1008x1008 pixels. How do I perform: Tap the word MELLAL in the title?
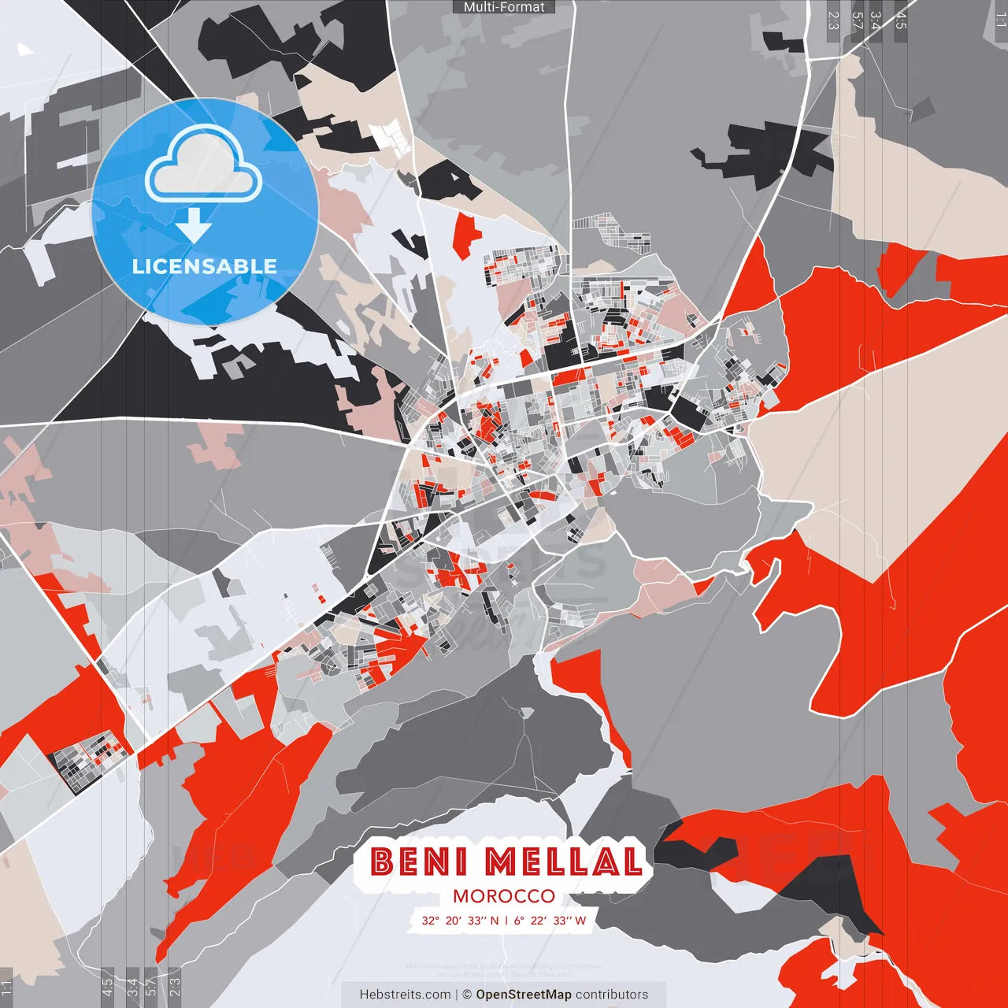click(x=563, y=862)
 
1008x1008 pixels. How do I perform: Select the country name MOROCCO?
click(x=504, y=896)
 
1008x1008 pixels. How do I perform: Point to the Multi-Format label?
click(x=504, y=7)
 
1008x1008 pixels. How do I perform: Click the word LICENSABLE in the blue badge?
click(x=205, y=266)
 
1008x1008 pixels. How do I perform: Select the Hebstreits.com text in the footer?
click(x=405, y=995)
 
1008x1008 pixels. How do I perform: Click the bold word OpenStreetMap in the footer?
click(x=524, y=995)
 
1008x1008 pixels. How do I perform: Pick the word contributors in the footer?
click(x=612, y=995)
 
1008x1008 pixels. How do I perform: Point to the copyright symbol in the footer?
click(x=467, y=995)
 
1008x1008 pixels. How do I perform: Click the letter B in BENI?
click(x=383, y=862)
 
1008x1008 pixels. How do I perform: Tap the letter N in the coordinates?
click(x=495, y=921)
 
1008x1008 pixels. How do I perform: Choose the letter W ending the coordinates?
click(x=581, y=921)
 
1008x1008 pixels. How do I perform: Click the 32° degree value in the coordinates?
click(x=430, y=921)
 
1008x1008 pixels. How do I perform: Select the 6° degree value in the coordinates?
click(x=519, y=921)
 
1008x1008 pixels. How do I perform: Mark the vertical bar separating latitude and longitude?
click(x=506, y=921)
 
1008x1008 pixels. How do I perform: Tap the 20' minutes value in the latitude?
click(x=453, y=921)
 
